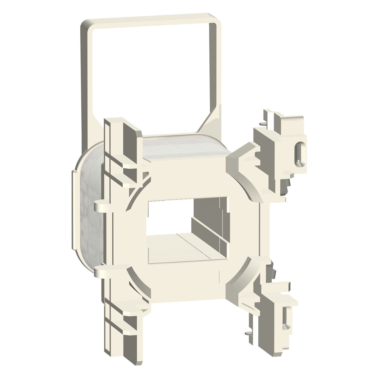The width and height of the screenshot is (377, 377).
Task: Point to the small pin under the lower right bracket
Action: click(248, 333)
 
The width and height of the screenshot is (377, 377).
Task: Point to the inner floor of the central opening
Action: click(176, 249)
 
